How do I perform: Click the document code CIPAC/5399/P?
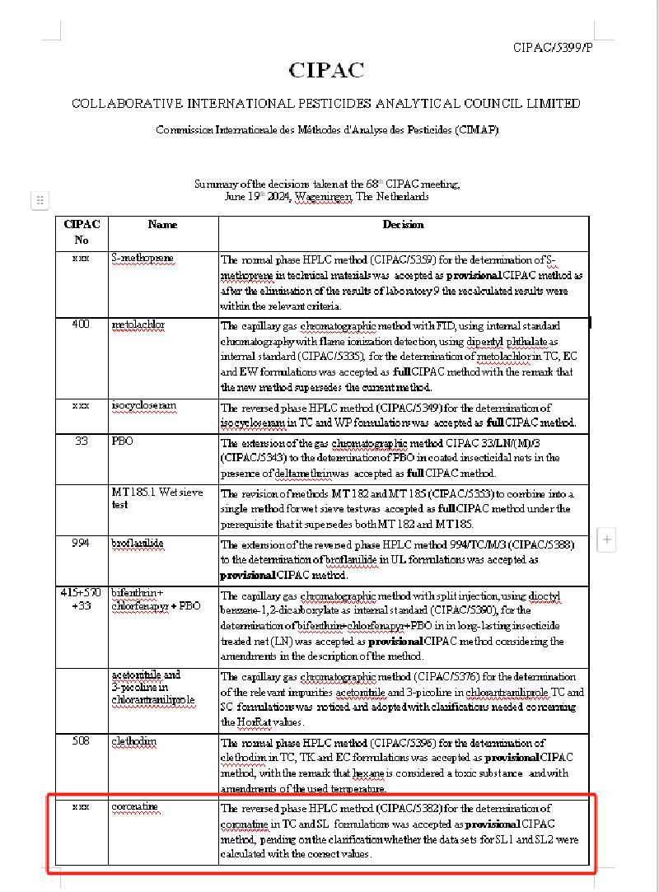click(552, 48)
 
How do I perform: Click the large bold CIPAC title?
click(326, 71)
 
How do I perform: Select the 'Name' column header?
click(162, 224)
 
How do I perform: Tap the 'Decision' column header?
click(403, 224)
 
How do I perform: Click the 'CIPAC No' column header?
click(81, 231)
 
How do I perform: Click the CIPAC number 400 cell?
click(81, 325)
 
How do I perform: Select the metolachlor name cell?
click(138, 325)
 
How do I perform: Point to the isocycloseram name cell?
click(144, 406)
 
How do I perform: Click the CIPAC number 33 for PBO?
click(81, 441)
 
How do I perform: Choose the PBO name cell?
click(122, 441)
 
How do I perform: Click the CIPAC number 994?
click(81, 543)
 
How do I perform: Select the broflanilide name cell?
click(138, 544)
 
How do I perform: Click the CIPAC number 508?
click(81, 741)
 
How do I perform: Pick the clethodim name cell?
click(133, 741)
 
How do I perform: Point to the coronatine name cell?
click(134, 806)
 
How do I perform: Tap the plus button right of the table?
click(607, 540)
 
